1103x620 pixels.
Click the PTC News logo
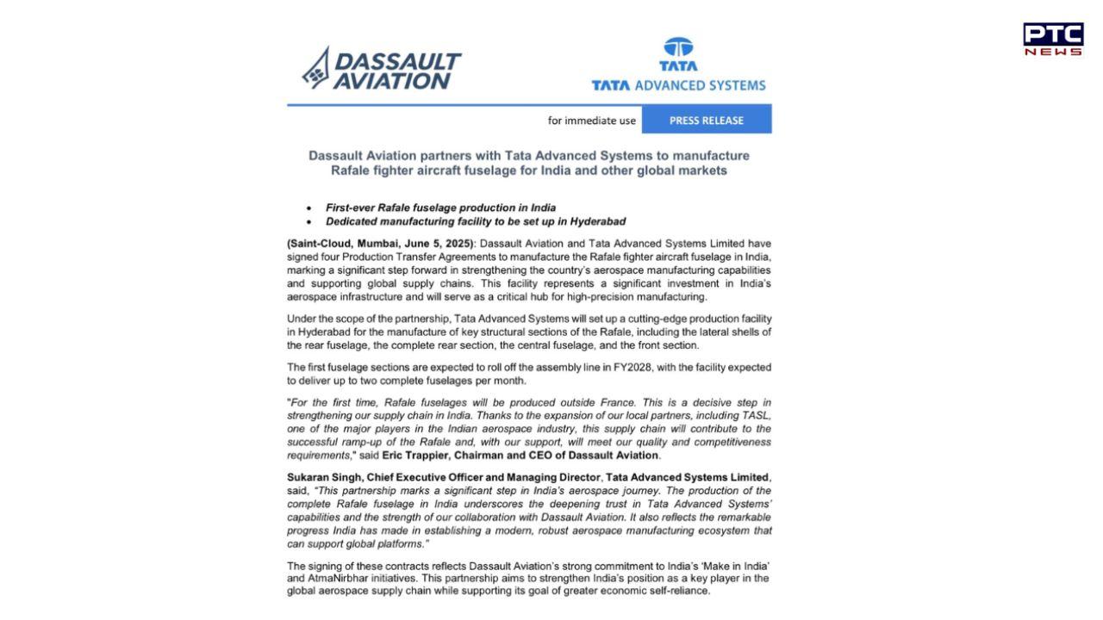coord(1053,40)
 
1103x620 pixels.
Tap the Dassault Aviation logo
coord(382,69)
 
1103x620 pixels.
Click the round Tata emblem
coord(678,48)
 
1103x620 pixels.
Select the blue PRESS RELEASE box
coord(706,121)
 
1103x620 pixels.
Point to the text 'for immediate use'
coord(591,121)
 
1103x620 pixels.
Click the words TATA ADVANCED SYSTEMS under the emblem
coord(678,85)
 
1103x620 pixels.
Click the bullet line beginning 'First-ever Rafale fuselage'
coord(440,208)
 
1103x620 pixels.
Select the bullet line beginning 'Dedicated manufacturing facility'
coord(475,221)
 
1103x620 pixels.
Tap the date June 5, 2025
coord(439,244)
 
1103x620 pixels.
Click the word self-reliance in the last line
coord(678,592)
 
